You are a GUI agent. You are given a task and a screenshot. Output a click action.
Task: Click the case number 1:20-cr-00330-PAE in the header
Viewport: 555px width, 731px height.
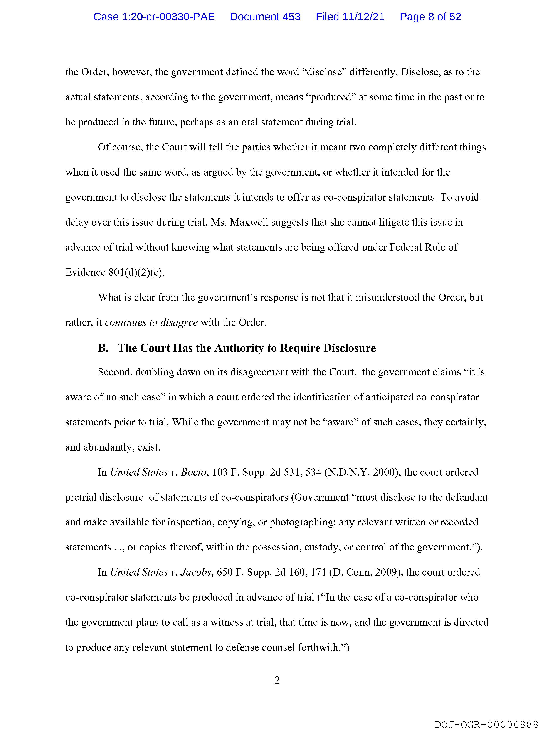coord(154,17)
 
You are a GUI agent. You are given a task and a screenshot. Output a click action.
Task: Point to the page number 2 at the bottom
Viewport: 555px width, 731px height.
coord(277,680)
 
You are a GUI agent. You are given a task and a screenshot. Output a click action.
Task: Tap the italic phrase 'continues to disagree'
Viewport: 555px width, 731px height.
coord(151,322)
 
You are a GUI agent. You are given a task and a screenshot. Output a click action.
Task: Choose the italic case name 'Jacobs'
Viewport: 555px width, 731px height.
coord(196,572)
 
